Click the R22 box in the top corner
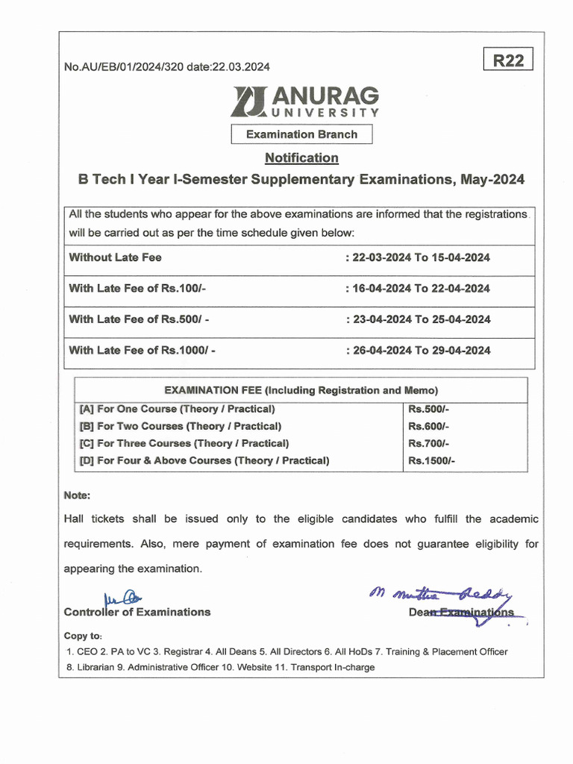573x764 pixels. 508,60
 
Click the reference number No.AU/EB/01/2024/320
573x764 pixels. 127,67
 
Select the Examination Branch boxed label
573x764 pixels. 301,134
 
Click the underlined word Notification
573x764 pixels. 301,158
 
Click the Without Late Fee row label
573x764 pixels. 115,257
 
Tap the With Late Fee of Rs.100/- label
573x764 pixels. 137,288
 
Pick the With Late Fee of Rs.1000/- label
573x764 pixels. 142,350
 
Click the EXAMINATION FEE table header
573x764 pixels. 301,390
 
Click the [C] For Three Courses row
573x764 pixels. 184,443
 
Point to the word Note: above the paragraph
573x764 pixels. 77,495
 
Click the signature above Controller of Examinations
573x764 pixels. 120,596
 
